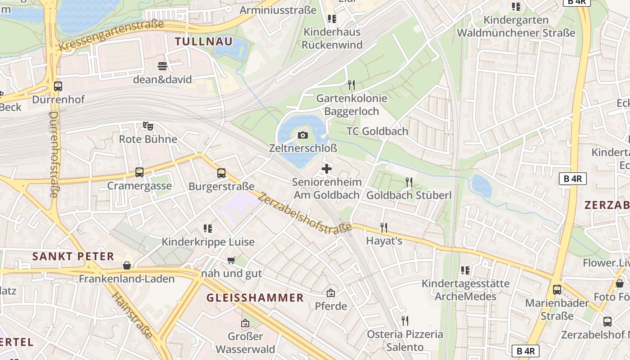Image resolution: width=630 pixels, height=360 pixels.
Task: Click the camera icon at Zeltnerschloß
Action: (303, 135)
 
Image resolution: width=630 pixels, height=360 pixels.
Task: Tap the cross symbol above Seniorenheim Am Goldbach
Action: (327, 169)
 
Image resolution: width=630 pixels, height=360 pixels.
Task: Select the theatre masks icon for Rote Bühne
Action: (148, 126)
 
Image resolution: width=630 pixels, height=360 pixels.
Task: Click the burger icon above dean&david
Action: (162, 67)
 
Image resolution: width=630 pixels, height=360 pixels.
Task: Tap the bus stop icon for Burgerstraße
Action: (221, 173)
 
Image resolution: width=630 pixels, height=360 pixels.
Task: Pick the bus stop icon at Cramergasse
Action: (139, 172)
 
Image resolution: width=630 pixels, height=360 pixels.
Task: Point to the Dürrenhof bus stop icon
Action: (58, 86)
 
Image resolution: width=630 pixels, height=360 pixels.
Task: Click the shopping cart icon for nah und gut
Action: (231, 260)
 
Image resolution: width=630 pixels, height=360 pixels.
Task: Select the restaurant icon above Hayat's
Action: (383, 227)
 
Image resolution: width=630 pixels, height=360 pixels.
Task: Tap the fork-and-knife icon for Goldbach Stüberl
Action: (409, 182)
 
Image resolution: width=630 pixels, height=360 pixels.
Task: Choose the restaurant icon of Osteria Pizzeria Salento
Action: (405, 321)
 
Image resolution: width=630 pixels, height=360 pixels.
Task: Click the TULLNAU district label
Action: (204, 42)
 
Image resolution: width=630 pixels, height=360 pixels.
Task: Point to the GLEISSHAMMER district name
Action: (255, 298)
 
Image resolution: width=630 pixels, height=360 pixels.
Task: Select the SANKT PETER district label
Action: (73, 256)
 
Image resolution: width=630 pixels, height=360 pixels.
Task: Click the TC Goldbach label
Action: (378, 131)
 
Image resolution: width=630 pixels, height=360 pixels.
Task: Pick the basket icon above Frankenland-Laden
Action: (127, 265)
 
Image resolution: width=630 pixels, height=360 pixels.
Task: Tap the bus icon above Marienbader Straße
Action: (557, 290)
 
